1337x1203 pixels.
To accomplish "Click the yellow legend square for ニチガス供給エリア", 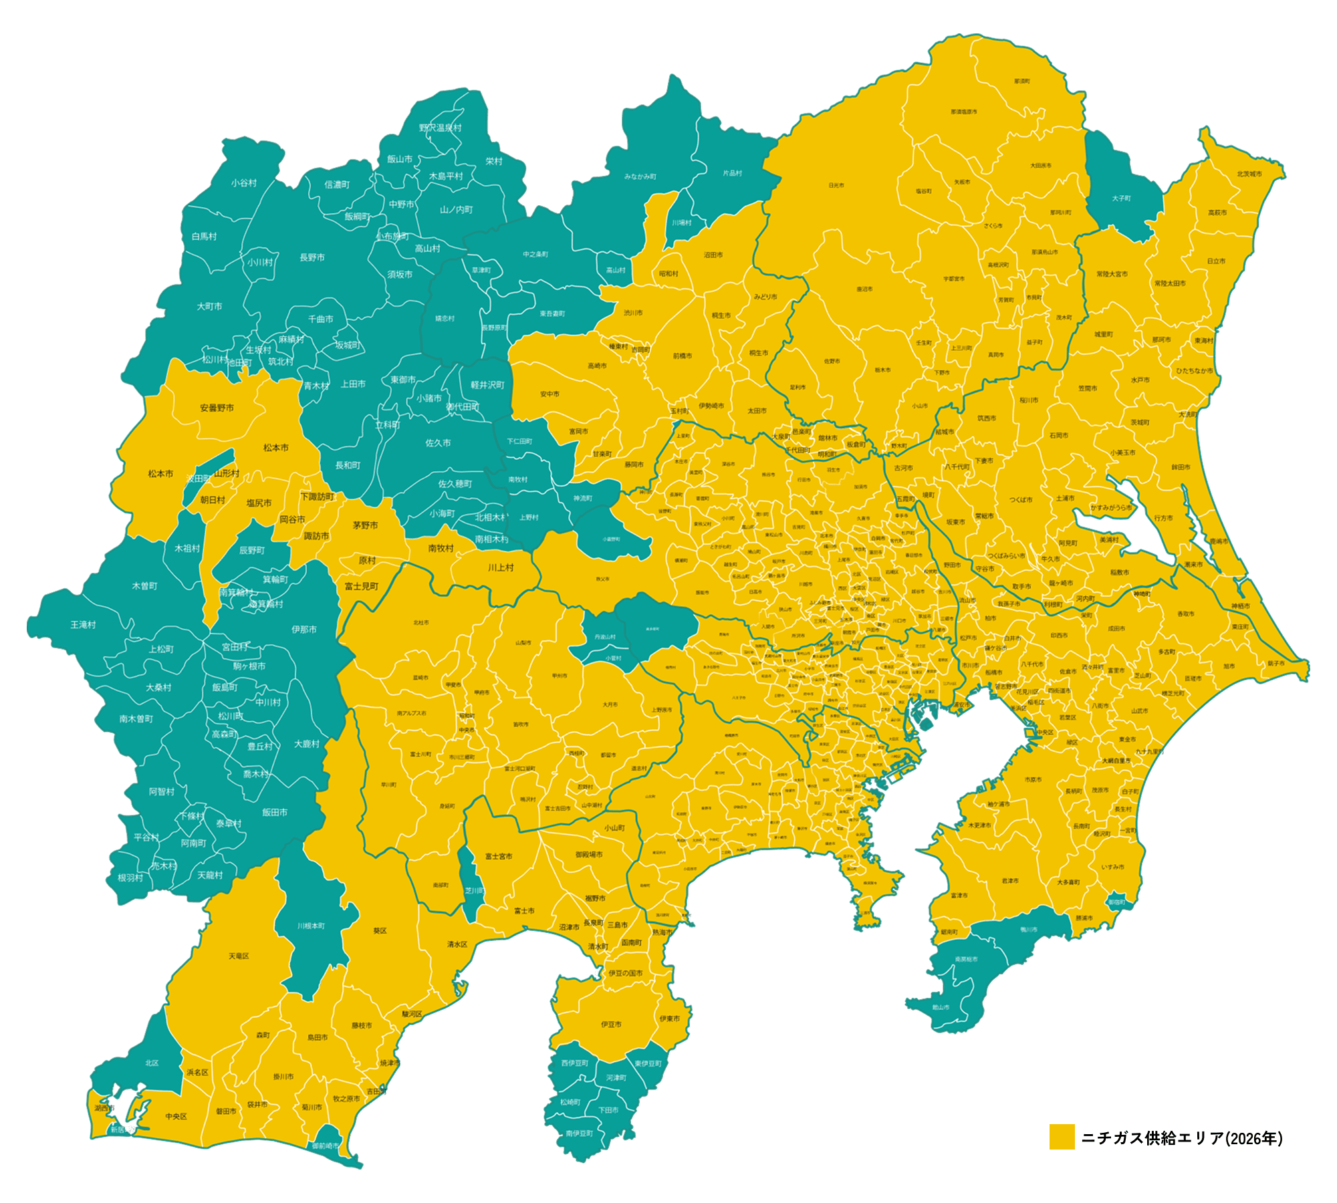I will pyautogui.click(x=1062, y=1137).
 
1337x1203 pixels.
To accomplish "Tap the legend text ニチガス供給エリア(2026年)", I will pyautogui.click(x=1182, y=1138).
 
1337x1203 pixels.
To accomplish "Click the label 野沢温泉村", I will pyautogui.click(x=440, y=128).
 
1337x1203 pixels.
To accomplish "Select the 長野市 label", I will pyautogui.click(x=312, y=257).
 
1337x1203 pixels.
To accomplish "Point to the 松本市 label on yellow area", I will pyautogui.click(x=160, y=474).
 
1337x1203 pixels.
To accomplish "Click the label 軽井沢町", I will pyautogui.click(x=487, y=385).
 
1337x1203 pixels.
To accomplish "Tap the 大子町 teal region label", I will pyautogui.click(x=1121, y=198).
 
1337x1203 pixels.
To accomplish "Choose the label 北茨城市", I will pyautogui.click(x=1249, y=174).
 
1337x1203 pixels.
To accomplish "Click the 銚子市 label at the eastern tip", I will pyautogui.click(x=1275, y=664).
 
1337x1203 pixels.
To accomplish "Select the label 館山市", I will pyautogui.click(x=941, y=1007).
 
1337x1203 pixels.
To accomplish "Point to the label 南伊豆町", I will pyautogui.click(x=579, y=1133).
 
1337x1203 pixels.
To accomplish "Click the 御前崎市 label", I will pyautogui.click(x=325, y=1146).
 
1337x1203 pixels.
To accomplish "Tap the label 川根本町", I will pyautogui.click(x=311, y=926).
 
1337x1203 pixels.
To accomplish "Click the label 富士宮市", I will pyautogui.click(x=499, y=856).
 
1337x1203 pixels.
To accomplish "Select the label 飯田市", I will pyautogui.click(x=275, y=812).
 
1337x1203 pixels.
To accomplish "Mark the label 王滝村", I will pyautogui.click(x=84, y=625).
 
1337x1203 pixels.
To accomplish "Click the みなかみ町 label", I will pyautogui.click(x=640, y=176).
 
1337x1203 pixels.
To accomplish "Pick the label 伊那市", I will pyautogui.click(x=304, y=630).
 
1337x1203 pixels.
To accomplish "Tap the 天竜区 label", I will pyautogui.click(x=239, y=956).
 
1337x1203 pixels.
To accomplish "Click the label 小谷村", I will pyautogui.click(x=244, y=182).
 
